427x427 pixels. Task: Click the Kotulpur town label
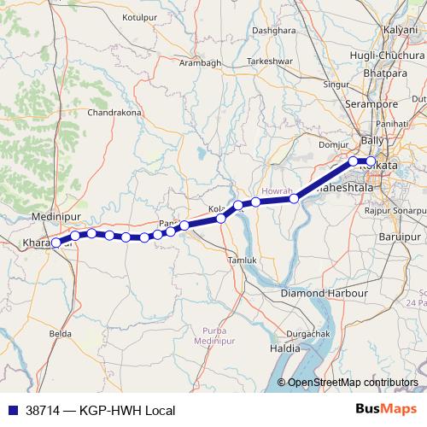pos(142,16)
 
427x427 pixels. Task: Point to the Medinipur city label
pos(54,218)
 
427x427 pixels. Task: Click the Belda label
pos(60,333)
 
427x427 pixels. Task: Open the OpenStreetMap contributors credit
pos(352,382)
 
